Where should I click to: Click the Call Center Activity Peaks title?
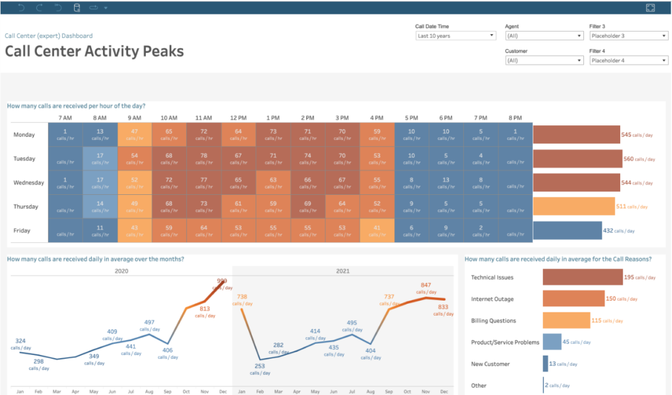94,51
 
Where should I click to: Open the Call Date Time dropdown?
455,36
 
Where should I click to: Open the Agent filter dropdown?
543,36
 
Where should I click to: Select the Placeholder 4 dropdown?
628,60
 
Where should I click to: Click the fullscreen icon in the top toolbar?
650,7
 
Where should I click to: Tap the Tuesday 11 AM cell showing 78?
203,158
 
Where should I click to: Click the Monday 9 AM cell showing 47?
135,135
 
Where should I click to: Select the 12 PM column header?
238,118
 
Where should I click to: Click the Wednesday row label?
28,182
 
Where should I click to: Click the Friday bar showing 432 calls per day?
567,230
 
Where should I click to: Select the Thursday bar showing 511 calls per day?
574,206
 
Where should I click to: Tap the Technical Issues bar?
582,277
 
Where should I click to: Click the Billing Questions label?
493,321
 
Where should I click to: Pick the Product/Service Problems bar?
552,342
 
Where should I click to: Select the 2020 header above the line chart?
121,270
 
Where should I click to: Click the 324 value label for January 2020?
20,341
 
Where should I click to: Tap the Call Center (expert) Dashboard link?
49,36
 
